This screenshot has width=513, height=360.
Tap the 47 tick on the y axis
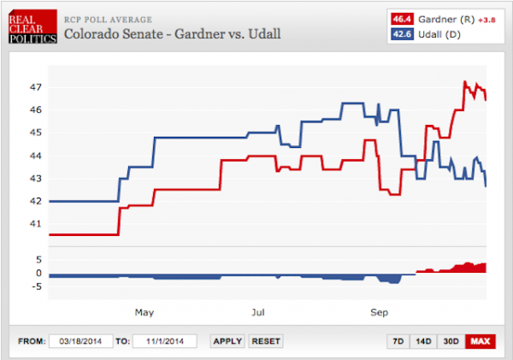(34, 87)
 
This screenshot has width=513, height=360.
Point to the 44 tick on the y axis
(34, 156)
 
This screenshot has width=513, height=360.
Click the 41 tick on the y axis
(34, 223)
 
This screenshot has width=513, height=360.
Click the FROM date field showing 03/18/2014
(80, 341)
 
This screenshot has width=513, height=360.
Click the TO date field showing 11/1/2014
(165, 341)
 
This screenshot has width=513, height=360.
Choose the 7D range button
(398, 341)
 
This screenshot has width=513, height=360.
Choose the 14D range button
(423, 341)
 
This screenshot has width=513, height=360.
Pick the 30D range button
(451, 341)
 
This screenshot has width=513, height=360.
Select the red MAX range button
(481, 341)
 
